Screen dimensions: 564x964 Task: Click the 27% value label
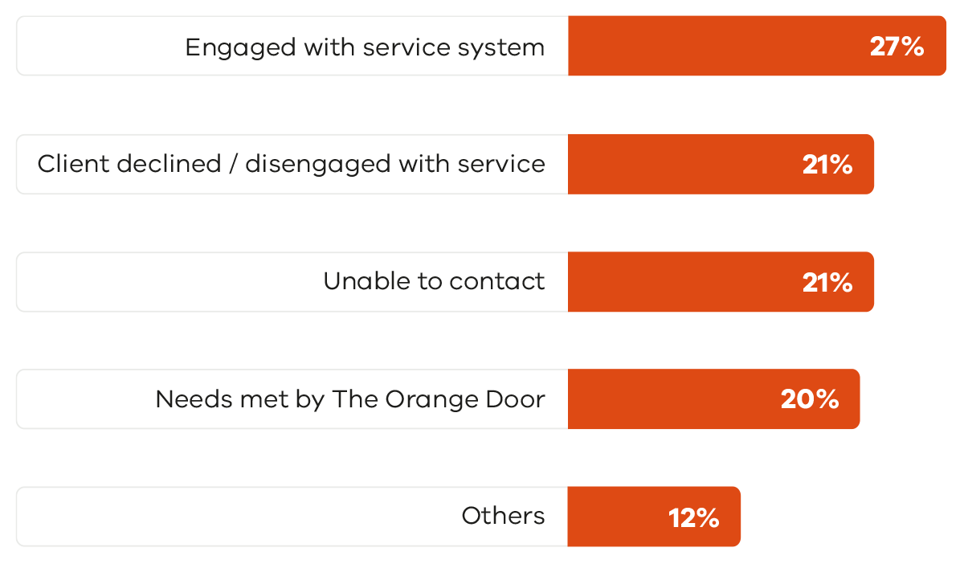[897, 47]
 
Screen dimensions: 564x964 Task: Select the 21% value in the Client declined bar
[827, 165]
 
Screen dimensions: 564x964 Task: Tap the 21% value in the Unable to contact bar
[827, 282]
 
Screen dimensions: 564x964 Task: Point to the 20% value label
[810, 399]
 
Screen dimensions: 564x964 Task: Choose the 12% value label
[693, 517]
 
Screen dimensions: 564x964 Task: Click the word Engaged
[240, 47]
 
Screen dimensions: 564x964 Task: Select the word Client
[74, 164]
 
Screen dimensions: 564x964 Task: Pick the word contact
[497, 281]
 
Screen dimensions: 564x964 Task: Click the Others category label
[503, 516]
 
